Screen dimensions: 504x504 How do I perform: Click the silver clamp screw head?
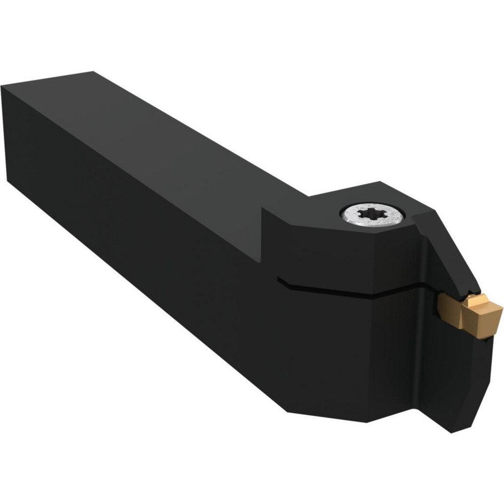pyautogui.click(x=372, y=216)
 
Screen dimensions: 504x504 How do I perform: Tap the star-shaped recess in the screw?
pyautogui.click(x=371, y=216)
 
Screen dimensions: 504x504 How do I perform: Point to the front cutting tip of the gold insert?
pyautogui.click(x=499, y=307)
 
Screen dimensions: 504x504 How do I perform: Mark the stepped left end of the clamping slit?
pyautogui.click(x=280, y=279)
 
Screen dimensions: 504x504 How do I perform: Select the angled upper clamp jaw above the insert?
pyautogui.click(x=444, y=247)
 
